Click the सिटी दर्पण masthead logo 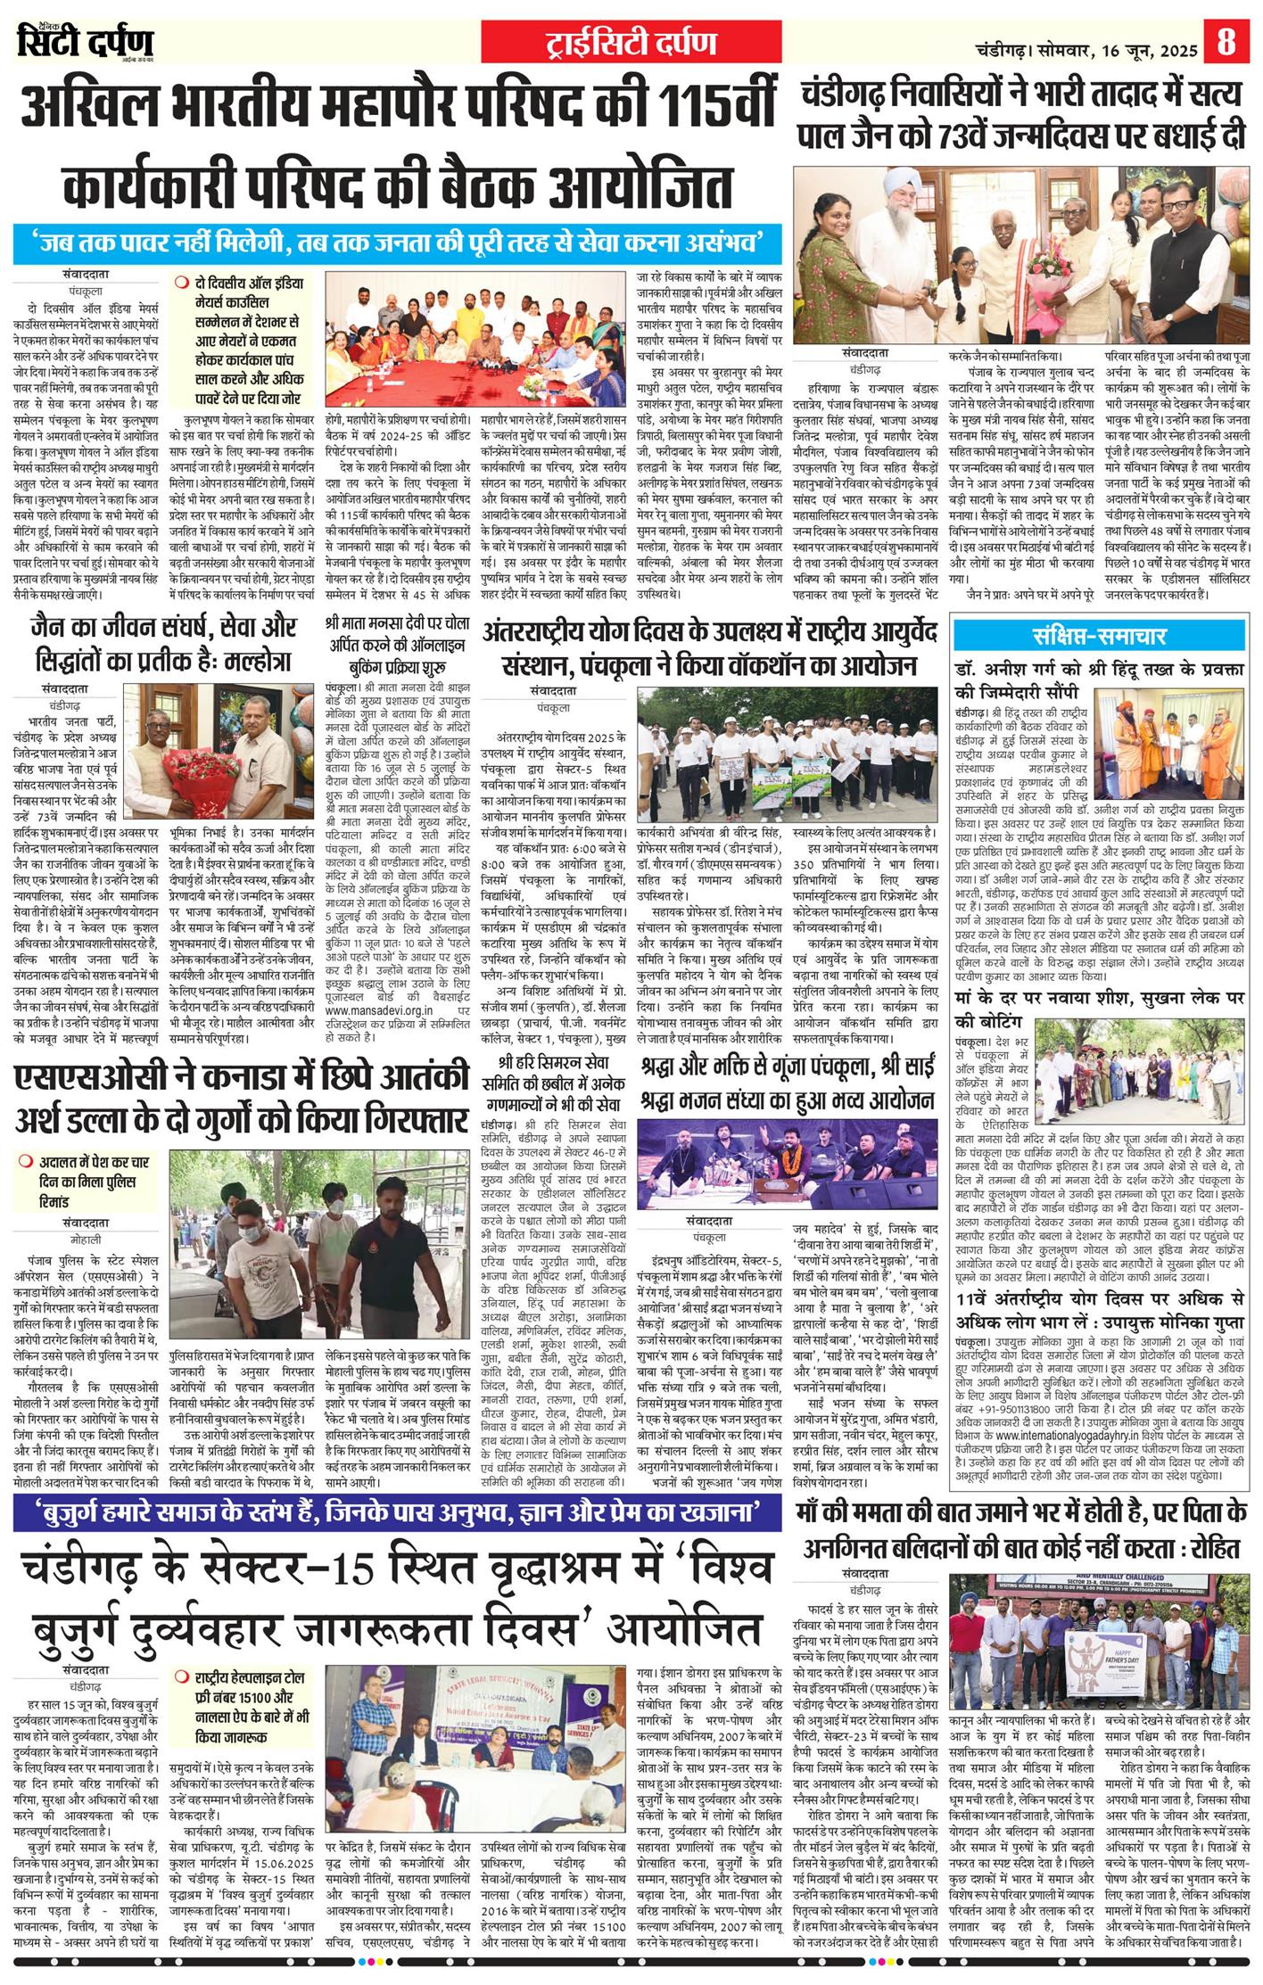click(86, 41)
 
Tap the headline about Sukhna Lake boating click(1099, 1007)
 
